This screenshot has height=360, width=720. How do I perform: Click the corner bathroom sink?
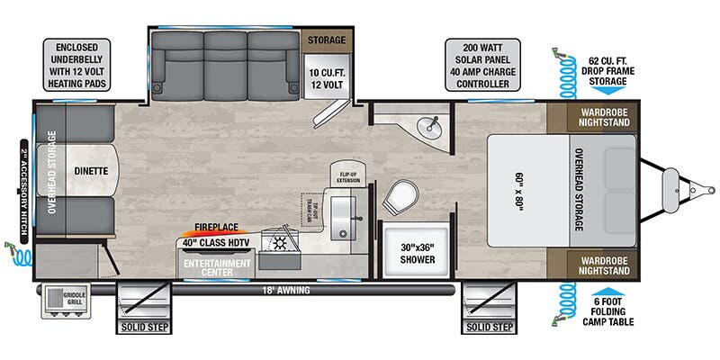point(434,123)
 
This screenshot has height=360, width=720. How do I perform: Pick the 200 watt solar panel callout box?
point(488,64)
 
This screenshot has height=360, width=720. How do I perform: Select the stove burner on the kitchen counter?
point(279,243)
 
